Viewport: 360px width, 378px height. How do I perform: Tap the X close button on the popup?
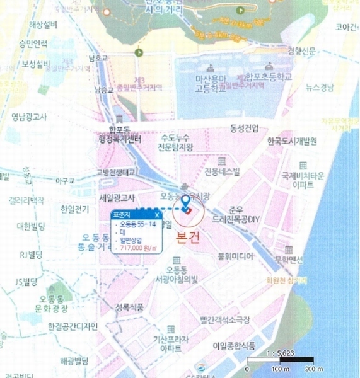tap(156, 214)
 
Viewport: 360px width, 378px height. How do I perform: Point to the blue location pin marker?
tap(186, 203)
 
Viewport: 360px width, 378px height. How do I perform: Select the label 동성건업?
tap(245, 129)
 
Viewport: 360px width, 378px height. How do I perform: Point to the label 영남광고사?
tap(29, 116)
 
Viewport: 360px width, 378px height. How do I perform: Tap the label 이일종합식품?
tap(252, 345)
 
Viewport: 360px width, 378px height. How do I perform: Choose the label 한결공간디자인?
tap(73, 326)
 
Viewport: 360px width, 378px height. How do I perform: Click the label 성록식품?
tap(130, 307)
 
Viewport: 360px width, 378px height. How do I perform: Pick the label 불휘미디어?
tap(235, 256)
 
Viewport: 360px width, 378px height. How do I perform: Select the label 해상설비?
tap(44, 25)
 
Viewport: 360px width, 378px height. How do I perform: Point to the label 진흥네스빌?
tap(223, 172)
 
